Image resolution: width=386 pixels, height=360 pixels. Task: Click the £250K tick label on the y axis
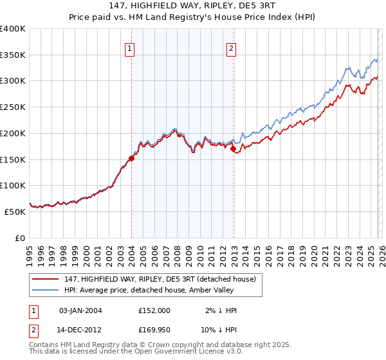13,107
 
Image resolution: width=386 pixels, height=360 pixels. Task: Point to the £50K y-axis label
15,212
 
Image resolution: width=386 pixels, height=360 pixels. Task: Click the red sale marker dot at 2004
131,158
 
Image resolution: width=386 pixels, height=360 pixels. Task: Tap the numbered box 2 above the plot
231,48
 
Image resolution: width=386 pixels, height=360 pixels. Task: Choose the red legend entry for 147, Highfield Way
160,279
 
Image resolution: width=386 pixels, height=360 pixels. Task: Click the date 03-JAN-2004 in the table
80,310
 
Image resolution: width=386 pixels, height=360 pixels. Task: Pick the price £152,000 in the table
154,310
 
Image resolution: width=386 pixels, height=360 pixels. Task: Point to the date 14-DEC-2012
80,330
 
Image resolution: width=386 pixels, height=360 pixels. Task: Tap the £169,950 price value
154,330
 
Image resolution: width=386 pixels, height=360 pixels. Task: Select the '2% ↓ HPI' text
219,310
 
